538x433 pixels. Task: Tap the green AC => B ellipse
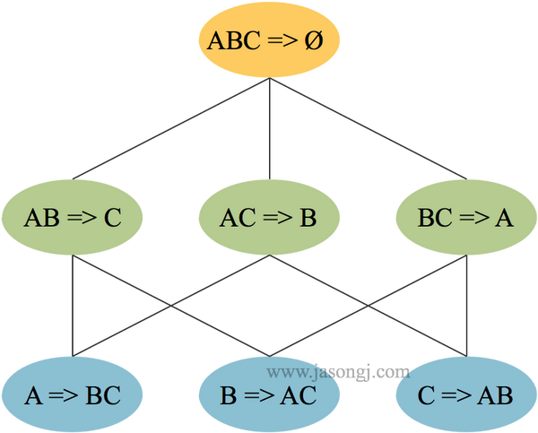point(270,218)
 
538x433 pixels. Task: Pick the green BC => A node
point(465,218)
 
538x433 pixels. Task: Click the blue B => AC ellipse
point(270,394)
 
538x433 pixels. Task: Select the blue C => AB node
point(465,394)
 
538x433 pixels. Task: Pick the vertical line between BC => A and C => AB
point(466,305)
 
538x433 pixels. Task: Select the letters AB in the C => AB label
point(494,395)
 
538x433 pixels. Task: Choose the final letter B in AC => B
point(308,219)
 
